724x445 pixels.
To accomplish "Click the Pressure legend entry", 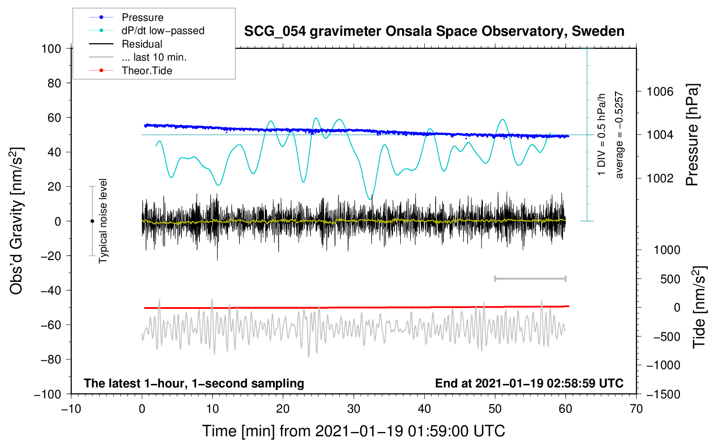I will coord(142,17).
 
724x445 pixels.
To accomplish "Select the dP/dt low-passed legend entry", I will coord(163,31).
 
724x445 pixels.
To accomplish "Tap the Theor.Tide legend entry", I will coord(147,71).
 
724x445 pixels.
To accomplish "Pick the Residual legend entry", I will coord(142,44).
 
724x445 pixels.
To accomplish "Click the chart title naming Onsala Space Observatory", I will coord(434,31).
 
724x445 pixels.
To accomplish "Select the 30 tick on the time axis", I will coord(354,409).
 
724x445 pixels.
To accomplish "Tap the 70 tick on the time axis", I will coord(636,409).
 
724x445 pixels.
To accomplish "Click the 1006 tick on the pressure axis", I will coord(660,92).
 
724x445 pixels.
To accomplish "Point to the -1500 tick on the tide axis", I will coord(663,394).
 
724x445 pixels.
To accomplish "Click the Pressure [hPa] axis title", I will coord(692,135).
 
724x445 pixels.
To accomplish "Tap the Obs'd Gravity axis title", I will coord(17,221).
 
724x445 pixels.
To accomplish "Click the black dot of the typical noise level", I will coord(92,221).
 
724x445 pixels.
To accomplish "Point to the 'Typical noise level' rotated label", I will coord(103,221).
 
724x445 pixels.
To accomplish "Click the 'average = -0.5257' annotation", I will coord(619,135).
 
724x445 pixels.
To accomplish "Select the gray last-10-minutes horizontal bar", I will coord(530,278).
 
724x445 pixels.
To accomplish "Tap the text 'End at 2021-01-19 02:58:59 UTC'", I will coord(529,383).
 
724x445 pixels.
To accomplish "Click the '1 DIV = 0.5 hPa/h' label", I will coord(602,134).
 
